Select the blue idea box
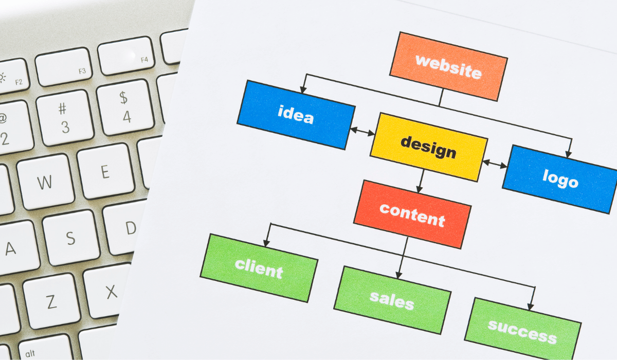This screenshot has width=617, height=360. tap(296, 114)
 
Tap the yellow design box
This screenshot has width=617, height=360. tap(428, 147)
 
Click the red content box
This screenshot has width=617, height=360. tap(412, 213)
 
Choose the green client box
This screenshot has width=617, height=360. tap(259, 267)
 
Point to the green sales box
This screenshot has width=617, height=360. tap(392, 299)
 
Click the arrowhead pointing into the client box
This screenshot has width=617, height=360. tap(266, 242)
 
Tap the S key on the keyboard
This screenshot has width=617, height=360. tap(70, 238)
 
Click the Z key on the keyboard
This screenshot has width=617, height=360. tap(51, 301)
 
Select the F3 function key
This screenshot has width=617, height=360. tap(64, 66)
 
